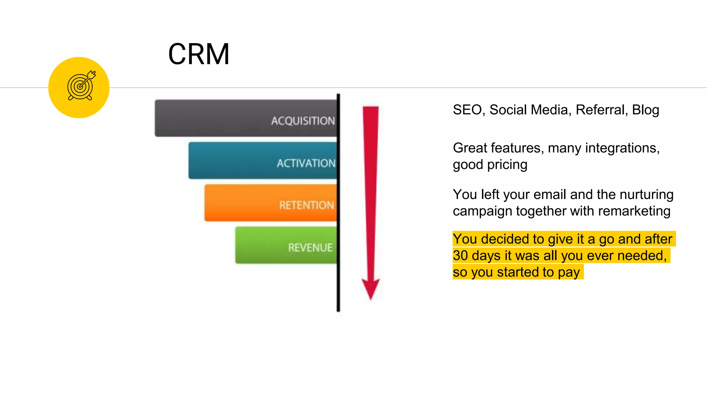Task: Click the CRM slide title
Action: tap(199, 54)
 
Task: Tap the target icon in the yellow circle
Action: tap(81, 86)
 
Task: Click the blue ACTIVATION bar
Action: tap(262, 161)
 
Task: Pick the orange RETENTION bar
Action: tap(271, 203)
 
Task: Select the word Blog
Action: tap(646, 110)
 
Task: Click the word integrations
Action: tap(622, 148)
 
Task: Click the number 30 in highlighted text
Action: tap(461, 256)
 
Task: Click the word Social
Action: tap(509, 110)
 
